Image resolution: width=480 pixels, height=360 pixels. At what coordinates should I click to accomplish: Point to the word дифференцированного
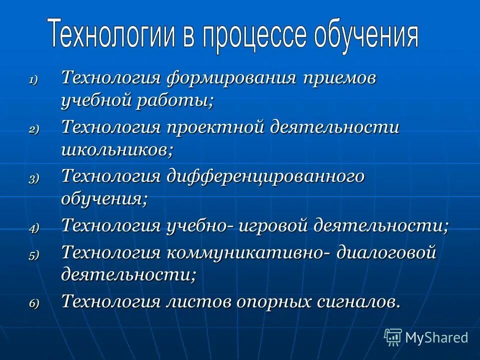click(x=264, y=176)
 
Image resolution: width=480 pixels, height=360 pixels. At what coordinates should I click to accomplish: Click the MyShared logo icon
click(x=393, y=337)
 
